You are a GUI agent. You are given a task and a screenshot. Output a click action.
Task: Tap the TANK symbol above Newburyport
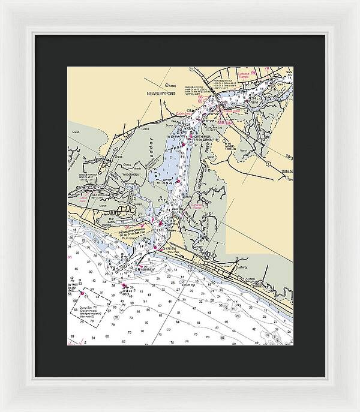(172, 86)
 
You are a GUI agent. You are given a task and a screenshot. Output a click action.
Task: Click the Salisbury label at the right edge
(283, 170)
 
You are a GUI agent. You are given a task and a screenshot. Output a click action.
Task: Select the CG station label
(189, 110)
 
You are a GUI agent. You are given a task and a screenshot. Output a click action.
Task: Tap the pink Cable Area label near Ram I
(232, 111)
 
